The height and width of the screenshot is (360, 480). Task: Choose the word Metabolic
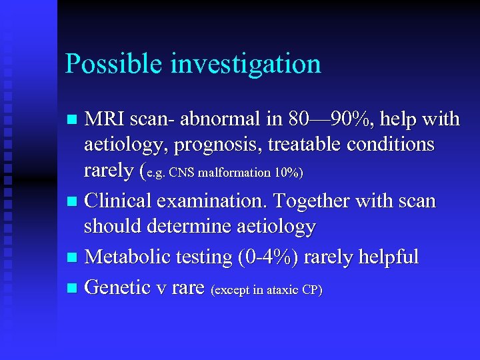[x=127, y=256]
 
